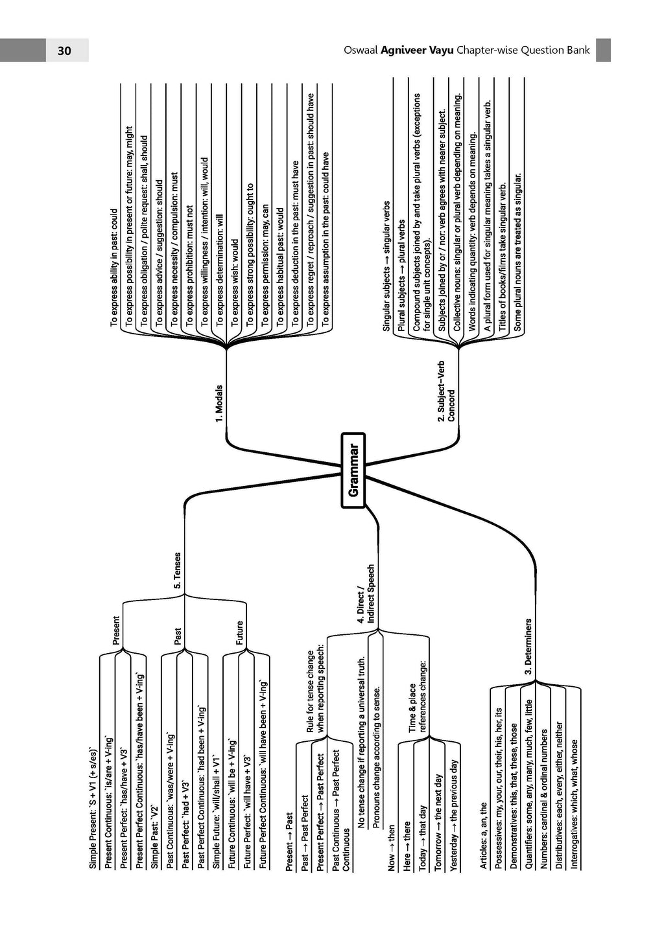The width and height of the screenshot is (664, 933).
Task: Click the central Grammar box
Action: [x=353, y=470]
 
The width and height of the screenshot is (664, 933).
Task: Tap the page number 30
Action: [x=64, y=51]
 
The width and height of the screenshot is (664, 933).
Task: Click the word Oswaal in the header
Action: [x=361, y=51]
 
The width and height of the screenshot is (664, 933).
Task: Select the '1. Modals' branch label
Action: [x=219, y=404]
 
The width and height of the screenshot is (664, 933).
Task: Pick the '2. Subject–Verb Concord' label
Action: [x=446, y=391]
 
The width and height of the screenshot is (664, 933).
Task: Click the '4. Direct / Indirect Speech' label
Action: [x=366, y=594]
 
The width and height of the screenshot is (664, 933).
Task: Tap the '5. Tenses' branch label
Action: [x=178, y=570]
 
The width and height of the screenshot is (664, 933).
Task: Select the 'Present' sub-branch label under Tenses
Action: [x=116, y=630]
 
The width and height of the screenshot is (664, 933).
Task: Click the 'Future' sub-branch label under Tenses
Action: [x=239, y=632]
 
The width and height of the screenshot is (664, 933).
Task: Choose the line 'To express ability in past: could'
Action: [x=114, y=268]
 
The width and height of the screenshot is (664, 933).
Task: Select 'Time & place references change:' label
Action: [x=418, y=708]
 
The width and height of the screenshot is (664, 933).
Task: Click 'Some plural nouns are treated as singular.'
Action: [x=517, y=252]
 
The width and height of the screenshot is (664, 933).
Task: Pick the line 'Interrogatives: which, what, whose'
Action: [x=575, y=792]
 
